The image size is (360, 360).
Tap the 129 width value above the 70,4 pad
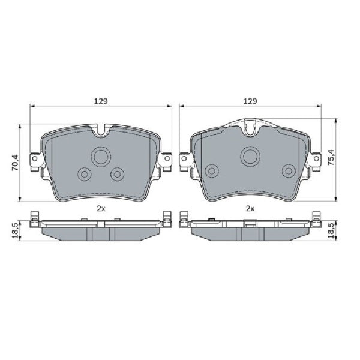coord(101,101)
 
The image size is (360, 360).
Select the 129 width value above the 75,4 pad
coord(250,101)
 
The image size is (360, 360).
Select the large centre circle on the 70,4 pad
coord(100,158)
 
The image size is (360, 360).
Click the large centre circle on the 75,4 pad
coord(250,157)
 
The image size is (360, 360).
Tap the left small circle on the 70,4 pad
coord(85,174)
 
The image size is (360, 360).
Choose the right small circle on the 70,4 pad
coord(117,174)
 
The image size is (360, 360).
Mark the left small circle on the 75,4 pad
coord(211,171)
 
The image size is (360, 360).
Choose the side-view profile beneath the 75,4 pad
coord(250,229)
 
